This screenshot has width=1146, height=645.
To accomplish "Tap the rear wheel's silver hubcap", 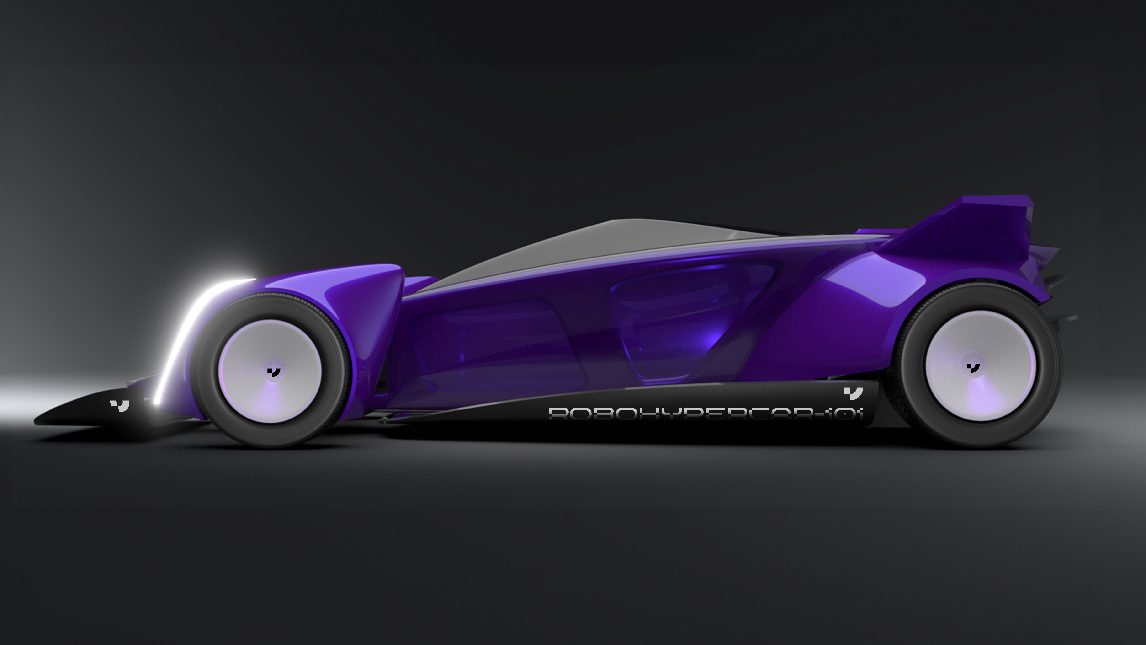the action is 981,366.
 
